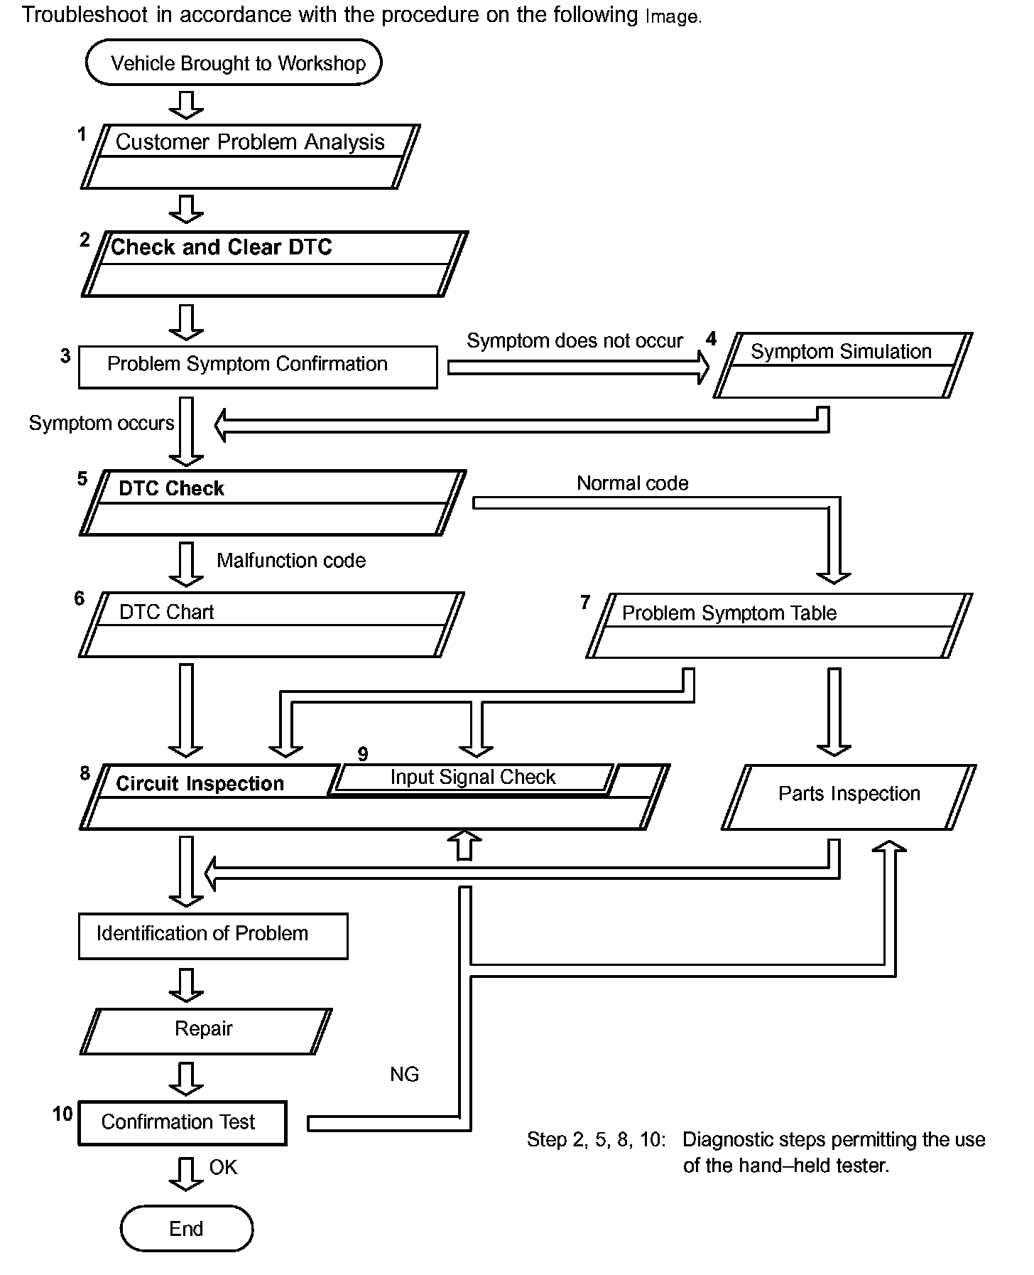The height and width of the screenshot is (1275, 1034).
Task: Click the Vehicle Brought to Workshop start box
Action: tap(234, 63)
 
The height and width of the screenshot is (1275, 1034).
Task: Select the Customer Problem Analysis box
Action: tap(250, 156)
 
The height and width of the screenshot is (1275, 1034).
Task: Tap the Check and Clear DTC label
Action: tap(222, 247)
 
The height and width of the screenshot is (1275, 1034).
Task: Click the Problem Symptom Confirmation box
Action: tap(258, 367)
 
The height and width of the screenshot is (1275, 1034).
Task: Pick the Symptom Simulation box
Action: tap(842, 365)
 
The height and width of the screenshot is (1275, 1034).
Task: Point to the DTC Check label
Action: tap(171, 489)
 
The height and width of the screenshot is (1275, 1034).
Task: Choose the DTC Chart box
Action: tap(271, 625)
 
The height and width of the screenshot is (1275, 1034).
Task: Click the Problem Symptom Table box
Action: tap(779, 625)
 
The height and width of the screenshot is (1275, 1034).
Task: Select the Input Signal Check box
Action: tap(473, 778)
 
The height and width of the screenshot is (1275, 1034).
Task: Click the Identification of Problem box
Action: tap(213, 936)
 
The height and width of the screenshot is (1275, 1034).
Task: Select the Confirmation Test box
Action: tap(182, 1123)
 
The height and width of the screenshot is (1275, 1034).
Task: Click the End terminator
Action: tap(186, 1228)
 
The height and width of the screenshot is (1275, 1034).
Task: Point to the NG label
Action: tap(404, 1074)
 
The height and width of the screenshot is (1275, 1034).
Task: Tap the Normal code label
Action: tap(632, 483)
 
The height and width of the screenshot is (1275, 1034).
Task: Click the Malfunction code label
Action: tap(291, 561)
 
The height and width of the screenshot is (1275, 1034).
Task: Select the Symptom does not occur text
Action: tap(575, 341)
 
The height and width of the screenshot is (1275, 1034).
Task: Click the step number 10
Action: tap(62, 1114)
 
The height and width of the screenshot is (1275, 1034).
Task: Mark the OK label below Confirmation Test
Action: tap(223, 1167)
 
